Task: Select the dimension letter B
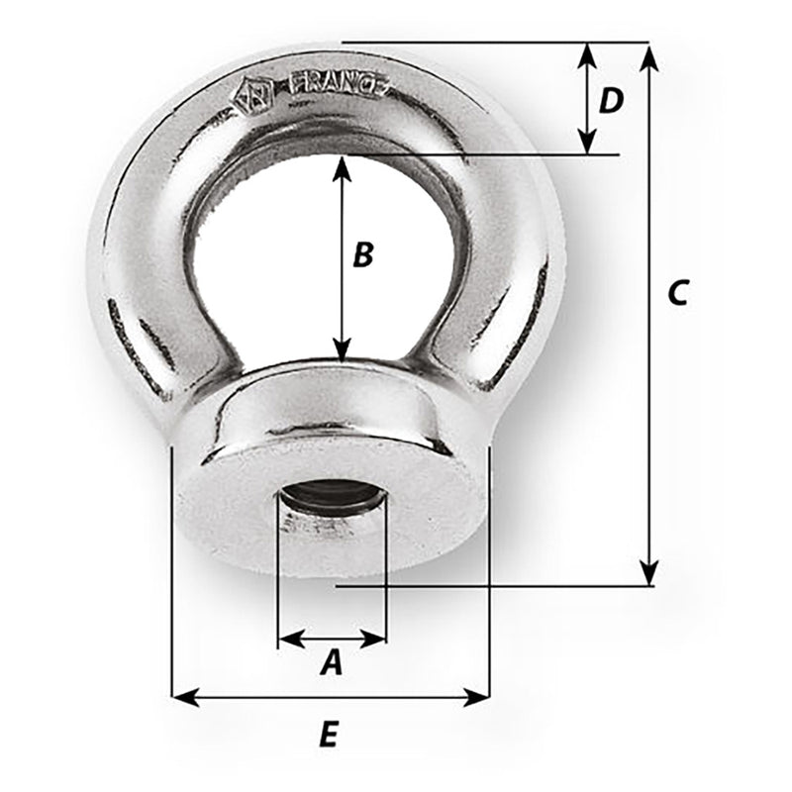click(x=363, y=254)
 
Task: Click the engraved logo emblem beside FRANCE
click(x=251, y=97)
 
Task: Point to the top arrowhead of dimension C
click(x=648, y=54)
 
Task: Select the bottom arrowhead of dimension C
click(x=648, y=573)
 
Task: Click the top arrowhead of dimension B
click(x=342, y=167)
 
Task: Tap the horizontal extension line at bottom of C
click(x=495, y=585)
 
